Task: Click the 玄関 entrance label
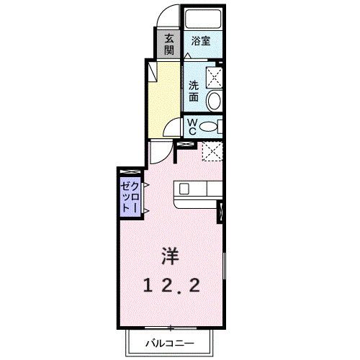coord(169,45)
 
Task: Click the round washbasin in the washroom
coord(215,102)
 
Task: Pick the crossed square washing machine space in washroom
coord(215,77)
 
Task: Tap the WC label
coord(192,127)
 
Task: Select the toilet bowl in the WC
coord(209,127)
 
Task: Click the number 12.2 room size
coord(171,286)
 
